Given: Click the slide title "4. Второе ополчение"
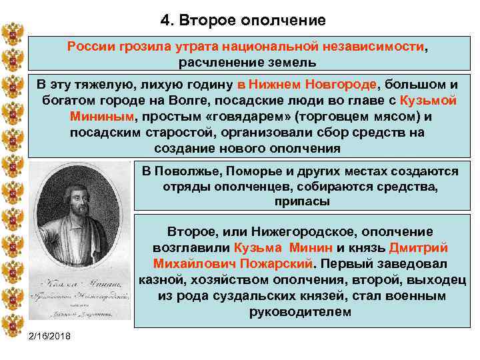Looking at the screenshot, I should click(x=243, y=20).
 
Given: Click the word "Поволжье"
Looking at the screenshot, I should click(x=189, y=172).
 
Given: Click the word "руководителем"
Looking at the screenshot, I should click(x=300, y=311).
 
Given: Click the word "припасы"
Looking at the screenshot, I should click(x=300, y=201).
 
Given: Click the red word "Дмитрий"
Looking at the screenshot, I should click(x=419, y=247).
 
